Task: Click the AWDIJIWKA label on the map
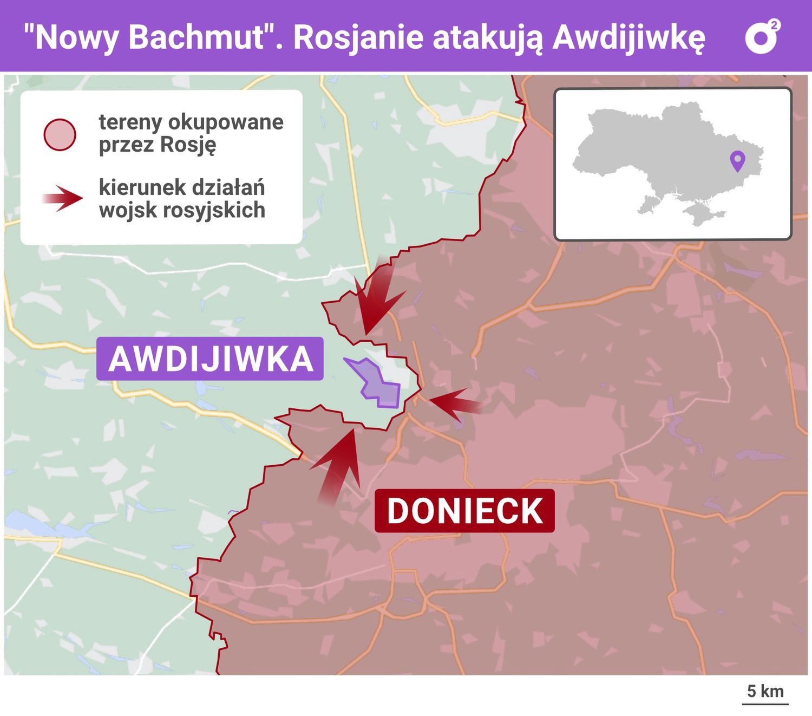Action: (x=210, y=359)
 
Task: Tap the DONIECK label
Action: (x=464, y=511)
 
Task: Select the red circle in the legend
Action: (x=60, y=134)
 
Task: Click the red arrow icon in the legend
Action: (x=63, y=198)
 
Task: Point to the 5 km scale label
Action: (x=765, y=692)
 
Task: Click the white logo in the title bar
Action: (x=762, y=37)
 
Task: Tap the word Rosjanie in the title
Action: (x=358, y=37)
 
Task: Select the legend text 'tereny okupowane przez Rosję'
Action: (x=191, y=133)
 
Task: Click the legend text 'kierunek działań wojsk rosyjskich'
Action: (x=182, y=199)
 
